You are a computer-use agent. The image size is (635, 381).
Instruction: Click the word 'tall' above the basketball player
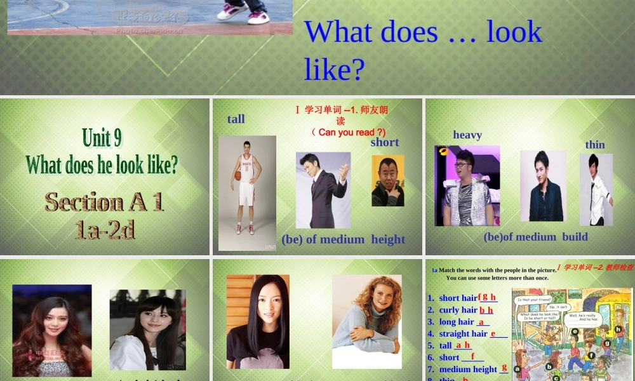coord(236,119)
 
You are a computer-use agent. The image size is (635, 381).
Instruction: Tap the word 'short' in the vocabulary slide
coord(385,142)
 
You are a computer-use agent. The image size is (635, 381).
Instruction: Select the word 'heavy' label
coord(467,135)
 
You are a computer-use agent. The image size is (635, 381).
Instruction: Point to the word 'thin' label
coord(595,145)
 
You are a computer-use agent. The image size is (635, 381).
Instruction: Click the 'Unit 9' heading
coord(102,137)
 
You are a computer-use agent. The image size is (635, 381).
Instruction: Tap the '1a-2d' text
coord(105,229)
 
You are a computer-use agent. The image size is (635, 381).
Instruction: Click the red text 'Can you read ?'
coord(349,132)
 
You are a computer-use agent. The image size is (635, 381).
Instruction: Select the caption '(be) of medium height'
coord(343,239)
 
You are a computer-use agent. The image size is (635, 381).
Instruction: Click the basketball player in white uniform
coord(246,190)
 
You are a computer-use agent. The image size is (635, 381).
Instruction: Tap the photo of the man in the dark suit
coord(323,190)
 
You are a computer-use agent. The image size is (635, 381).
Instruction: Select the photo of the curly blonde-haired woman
coord(367,321)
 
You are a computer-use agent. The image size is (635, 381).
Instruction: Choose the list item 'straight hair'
coord(463,333)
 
